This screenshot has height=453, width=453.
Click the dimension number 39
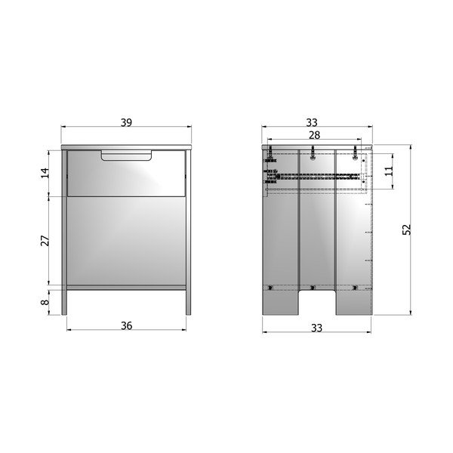tap(126, 122)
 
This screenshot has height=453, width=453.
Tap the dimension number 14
tap(45, 173)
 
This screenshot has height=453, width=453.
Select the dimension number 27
tap(45, 241)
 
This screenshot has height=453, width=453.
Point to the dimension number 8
tap(45, 302)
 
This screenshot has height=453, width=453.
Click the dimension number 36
tap(127, 325)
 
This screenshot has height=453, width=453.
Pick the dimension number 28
tap(315, 135)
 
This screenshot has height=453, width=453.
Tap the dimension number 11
tap(389, 171)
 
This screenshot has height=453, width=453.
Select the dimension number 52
tap(406, 230)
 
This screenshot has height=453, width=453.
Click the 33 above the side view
tap(312, 122)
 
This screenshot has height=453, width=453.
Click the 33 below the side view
tap(316, 328)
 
